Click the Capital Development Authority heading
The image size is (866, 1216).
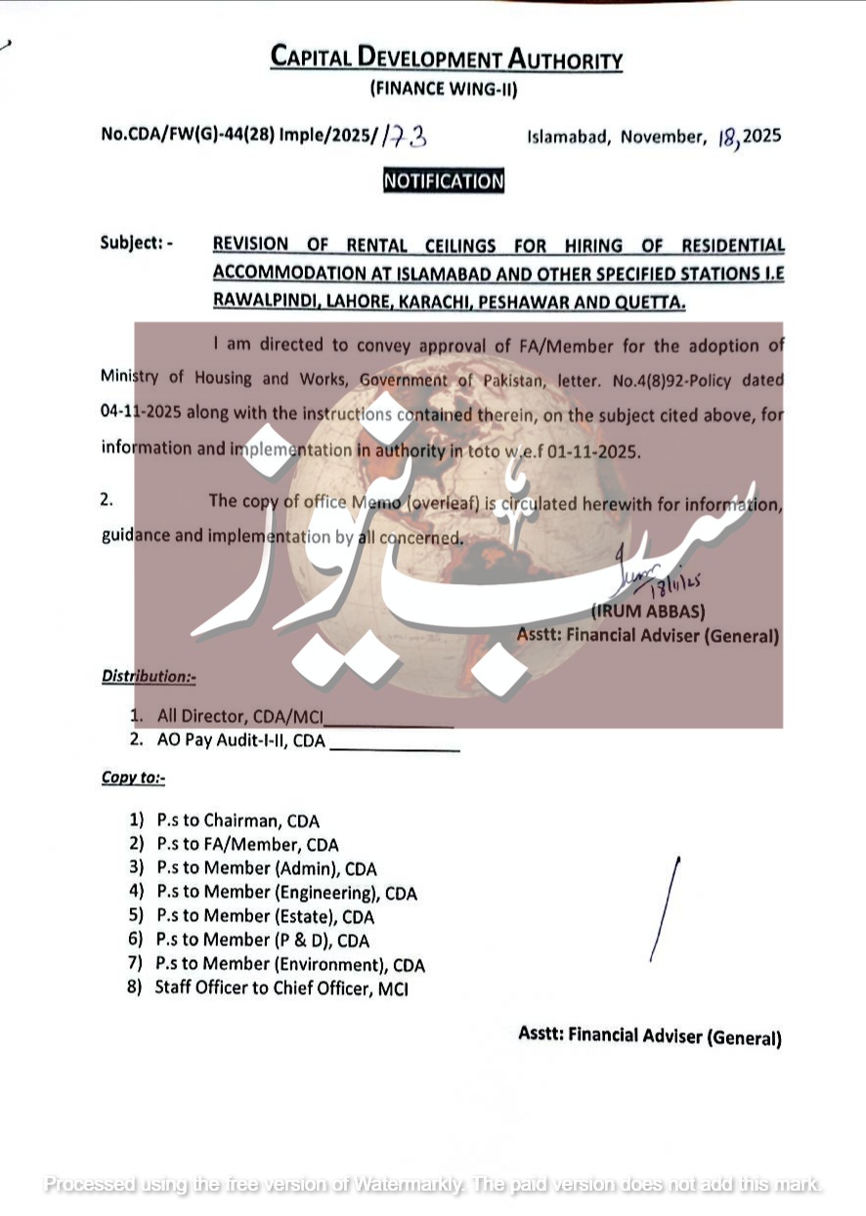(x=447, y=59)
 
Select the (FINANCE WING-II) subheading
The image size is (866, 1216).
(x=443, y=90)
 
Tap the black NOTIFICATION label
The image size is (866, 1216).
(x=443, y=181)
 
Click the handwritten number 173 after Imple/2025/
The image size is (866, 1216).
(x=404, y=136)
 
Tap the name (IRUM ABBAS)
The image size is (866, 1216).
(x=648, y=612)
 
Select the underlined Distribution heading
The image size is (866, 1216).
(x=149, y=676)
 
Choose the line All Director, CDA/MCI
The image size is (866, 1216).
(x=239, y=716)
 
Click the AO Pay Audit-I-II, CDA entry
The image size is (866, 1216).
(x=240, y=740)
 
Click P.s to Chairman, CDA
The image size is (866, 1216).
(x=238, y=821)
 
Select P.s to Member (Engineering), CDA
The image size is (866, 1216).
(x=286, y=893)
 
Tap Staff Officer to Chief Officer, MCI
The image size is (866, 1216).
(x=281, y=988)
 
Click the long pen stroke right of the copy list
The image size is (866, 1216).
(x=665, y=908)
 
